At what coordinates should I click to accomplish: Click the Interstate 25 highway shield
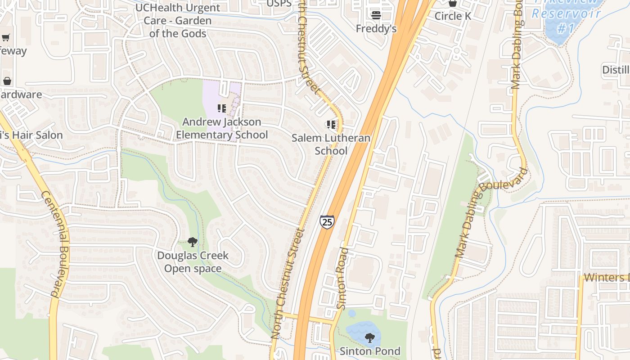327,222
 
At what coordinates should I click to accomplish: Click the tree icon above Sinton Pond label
370,337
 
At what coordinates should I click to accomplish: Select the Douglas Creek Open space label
193,262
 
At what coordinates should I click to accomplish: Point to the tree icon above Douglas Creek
192,242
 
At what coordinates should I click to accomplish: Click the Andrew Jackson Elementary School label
221,128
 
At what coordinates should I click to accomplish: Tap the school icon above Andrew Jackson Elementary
221,108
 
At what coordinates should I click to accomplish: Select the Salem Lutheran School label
331,144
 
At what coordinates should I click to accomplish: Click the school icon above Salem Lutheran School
331,125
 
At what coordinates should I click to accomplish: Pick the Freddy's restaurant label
376,29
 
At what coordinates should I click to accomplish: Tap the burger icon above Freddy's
376,15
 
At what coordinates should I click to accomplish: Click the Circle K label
453,16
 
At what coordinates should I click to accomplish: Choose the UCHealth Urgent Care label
178,21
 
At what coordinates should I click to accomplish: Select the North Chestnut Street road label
288,283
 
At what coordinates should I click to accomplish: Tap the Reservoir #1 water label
566,21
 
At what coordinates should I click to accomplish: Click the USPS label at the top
279,4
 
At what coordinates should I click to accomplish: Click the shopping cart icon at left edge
5,38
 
